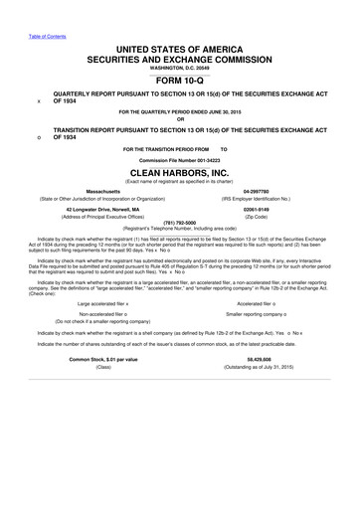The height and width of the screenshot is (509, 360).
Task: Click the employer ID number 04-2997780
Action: (x=257, y=189)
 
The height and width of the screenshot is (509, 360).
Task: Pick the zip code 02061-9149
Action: (x=257, y=209)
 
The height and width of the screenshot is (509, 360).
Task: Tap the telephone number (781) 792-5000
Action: (x=180, y=223)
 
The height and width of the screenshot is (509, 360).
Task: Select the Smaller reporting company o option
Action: (x=256, y=316)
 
